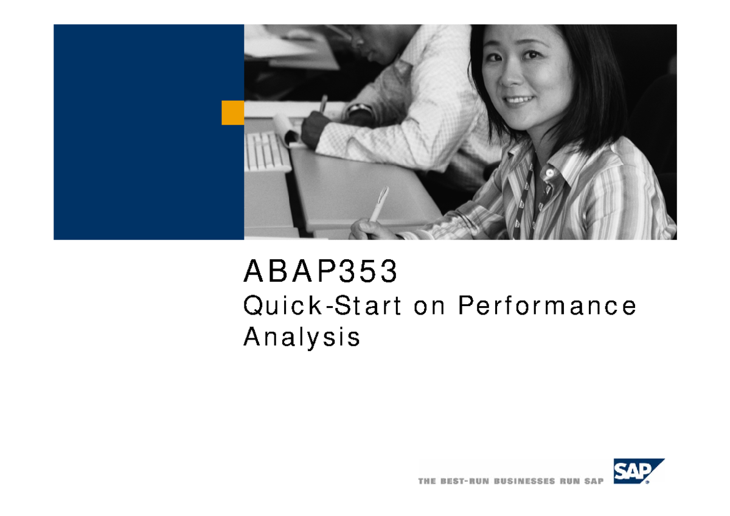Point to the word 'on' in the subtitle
coord(429,307)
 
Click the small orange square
coord(232,113)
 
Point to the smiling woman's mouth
coord(518,99)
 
